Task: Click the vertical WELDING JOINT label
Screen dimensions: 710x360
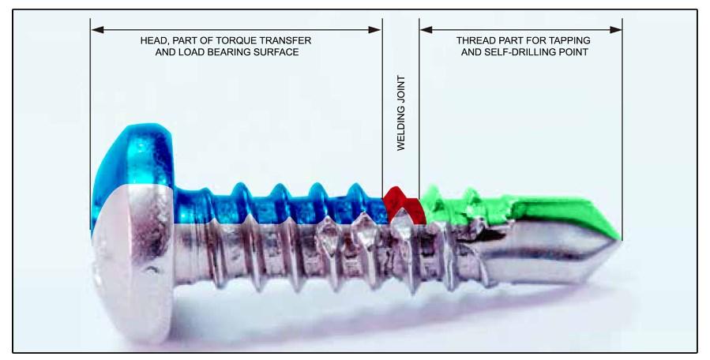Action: point(401,113)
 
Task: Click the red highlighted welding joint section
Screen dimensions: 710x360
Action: point(404,204)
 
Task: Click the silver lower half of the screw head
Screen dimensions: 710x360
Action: point(133,263)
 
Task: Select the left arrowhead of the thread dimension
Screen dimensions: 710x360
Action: point(426,30)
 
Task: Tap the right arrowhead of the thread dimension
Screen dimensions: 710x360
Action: point(615,30)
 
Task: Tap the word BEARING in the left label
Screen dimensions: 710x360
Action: point(224,52)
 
